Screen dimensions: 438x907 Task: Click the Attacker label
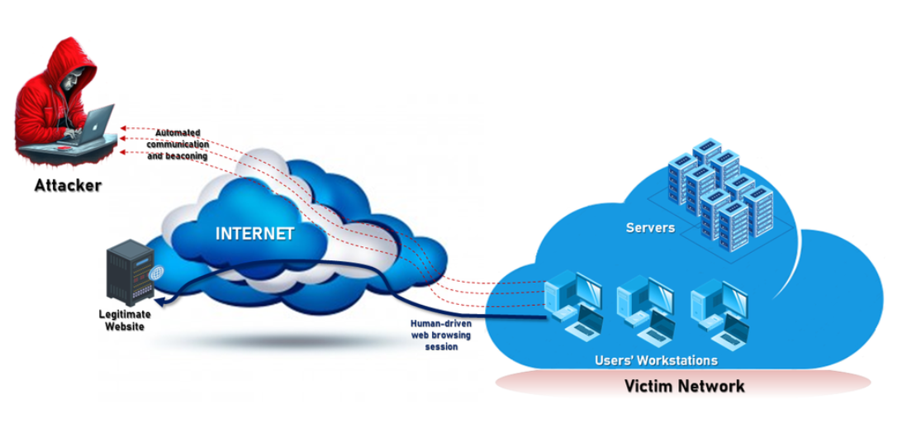68,185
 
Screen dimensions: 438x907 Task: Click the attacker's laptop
97,124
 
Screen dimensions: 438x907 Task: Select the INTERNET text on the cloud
254,233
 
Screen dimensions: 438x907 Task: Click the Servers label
650,227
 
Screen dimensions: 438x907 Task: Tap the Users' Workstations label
657,361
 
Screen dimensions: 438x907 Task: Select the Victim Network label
685,386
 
